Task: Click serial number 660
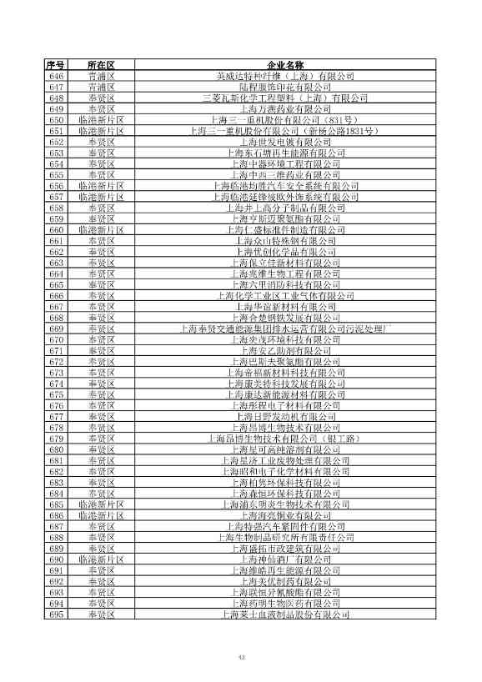click(x=57, y=230)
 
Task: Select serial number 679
click(x=57, y=439)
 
